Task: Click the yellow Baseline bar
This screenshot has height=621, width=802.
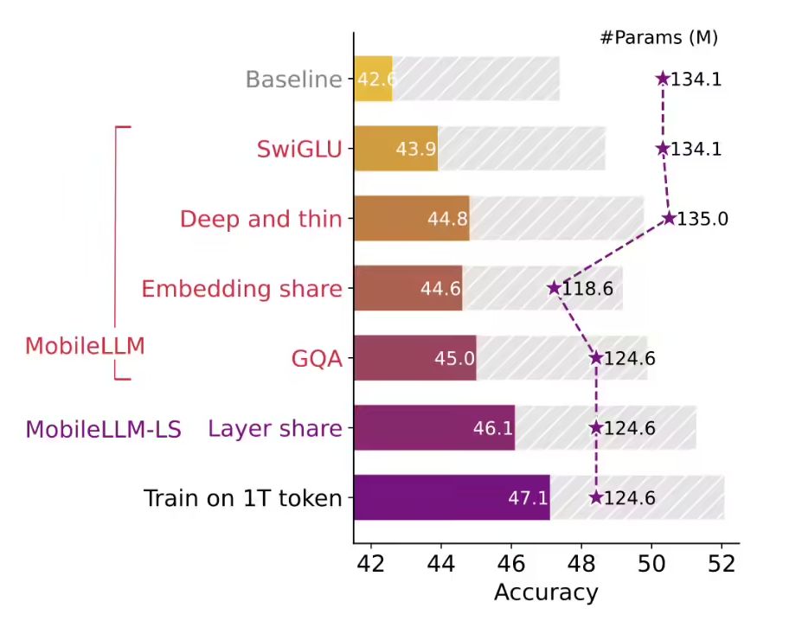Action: (x=373, y=80)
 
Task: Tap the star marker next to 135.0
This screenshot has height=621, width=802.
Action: (x=668, y=218)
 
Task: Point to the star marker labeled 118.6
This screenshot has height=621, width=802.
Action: (x=554, y=288)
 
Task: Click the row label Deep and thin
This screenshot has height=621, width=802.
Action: (x=260, y=219)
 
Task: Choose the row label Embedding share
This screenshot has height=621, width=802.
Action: (x=241, y=289)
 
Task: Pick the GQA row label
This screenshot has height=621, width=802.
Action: (x=317, y=359)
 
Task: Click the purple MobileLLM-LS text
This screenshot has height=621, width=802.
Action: (x=103, y=429)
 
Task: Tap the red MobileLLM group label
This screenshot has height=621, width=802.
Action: (x=85, y=346)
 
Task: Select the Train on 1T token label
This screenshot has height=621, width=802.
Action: (x=242, y=498)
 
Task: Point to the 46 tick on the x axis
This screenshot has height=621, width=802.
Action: (x=511, y=563)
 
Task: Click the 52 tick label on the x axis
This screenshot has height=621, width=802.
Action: (x=722, y=563)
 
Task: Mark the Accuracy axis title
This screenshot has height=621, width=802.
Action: (x=546, y=592)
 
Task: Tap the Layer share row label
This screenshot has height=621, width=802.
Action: (x=275, y=428)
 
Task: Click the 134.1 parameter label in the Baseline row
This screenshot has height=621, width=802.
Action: (x=696, y=80)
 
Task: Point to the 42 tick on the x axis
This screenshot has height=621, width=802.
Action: (x=371, y=563)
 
